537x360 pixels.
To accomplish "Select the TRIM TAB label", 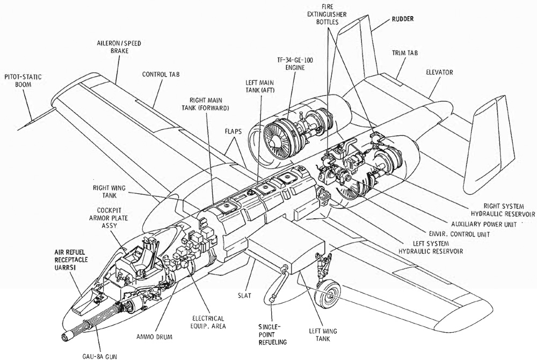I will pos(404,53).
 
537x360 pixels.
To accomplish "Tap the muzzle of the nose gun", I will pos(68,337).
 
